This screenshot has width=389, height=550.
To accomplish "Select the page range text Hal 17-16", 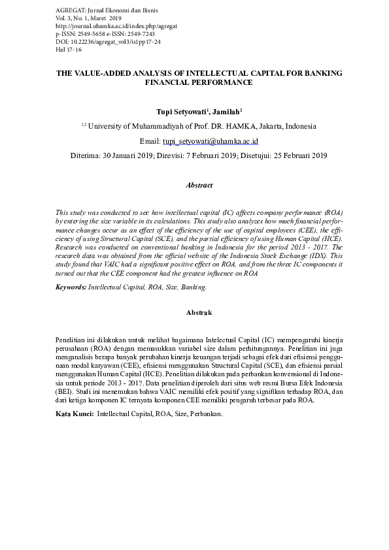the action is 69,49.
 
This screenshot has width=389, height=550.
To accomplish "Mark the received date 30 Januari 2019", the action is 124,156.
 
